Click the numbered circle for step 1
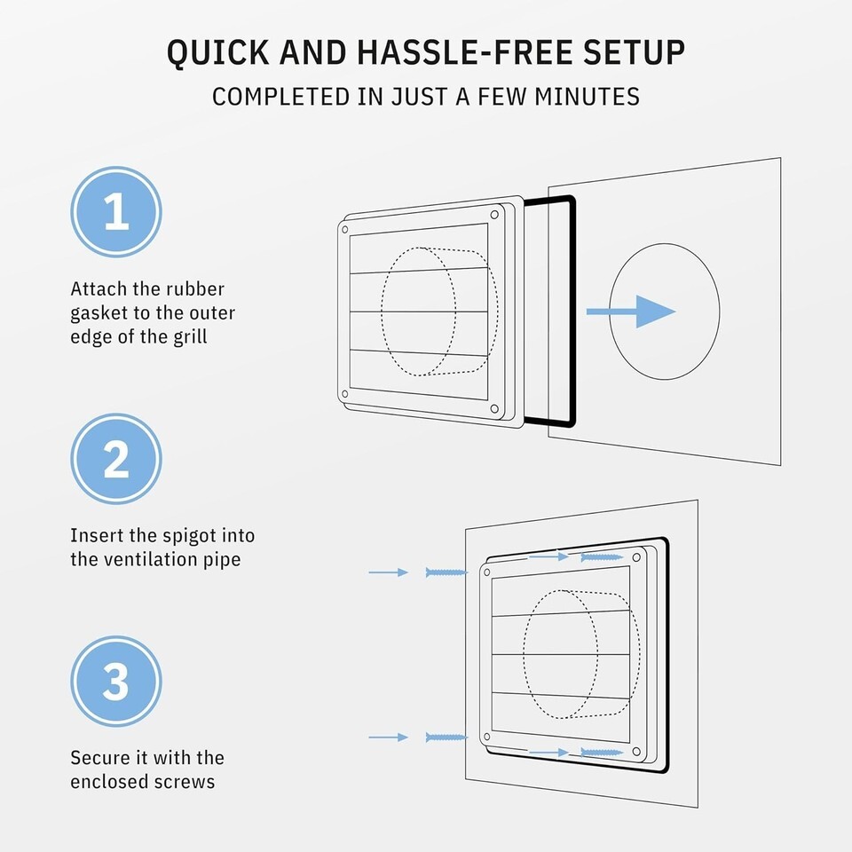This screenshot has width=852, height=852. coord(116,212)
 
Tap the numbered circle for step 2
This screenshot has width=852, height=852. coord(116,459)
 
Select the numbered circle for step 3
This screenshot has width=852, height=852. coord(116,682)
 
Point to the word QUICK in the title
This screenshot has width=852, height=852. coord(217,53)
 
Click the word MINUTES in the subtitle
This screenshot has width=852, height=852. coord(587,97)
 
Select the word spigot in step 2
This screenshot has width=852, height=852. coord(191,537)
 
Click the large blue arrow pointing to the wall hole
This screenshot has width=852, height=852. coord(631,312)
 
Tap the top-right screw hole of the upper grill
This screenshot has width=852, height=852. coord(494,215)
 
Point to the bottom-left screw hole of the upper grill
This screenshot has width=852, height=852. coord(344,394)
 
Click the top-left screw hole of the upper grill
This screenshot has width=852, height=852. coord(344,230)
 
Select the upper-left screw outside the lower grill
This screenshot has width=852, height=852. coord(446,572)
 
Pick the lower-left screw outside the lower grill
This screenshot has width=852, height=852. coord(446,738)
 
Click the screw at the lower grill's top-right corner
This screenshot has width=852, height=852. coord(602,557)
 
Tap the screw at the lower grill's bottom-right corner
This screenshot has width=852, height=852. coord(602,753)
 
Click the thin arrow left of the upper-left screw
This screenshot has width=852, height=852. coord(389,572)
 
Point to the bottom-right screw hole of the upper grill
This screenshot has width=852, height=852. coord(494,408)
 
